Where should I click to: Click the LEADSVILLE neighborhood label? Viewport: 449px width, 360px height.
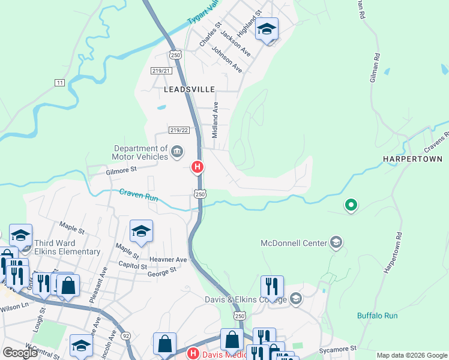189,89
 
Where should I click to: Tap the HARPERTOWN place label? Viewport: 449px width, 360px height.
412,159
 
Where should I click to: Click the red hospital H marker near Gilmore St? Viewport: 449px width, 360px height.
196,167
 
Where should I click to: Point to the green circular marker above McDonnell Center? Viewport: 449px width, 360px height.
351,206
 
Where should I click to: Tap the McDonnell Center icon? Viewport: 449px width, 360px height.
336,242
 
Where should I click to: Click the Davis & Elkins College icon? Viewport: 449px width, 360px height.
295,298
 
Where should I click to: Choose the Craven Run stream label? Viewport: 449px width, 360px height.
139,194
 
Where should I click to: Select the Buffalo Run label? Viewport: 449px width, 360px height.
377,316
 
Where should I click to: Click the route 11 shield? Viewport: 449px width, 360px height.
59,82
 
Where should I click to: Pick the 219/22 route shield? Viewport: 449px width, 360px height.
179,130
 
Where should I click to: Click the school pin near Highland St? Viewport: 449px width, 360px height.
267,29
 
